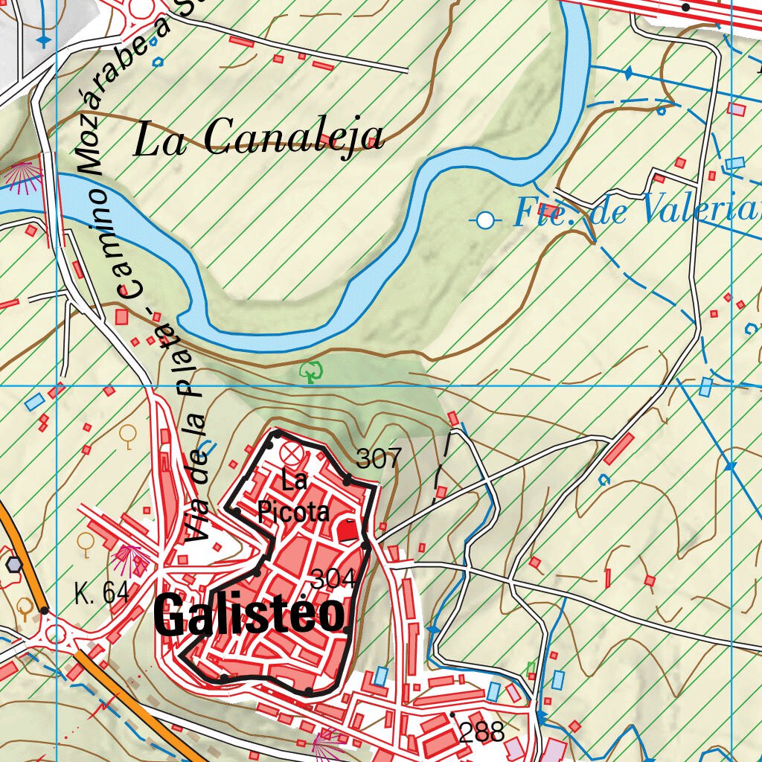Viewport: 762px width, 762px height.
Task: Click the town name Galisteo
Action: click(252, 616)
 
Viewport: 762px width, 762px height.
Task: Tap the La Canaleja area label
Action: click(259, 138)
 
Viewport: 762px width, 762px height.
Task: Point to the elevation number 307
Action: click(379, 458)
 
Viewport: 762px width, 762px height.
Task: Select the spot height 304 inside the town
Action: click(333, 578)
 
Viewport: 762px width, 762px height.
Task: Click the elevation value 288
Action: click(481, 733)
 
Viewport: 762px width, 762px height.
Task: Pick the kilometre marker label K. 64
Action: click(102, 593)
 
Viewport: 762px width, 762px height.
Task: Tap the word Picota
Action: click(294, 512)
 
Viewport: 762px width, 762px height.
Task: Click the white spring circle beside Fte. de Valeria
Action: click(486, 220)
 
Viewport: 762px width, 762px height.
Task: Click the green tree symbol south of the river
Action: click(310, 371)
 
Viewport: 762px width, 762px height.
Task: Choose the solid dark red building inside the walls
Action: click(348, 531)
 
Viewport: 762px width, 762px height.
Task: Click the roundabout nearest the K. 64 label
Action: click(57, 634)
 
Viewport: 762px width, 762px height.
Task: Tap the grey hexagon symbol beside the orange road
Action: click(13, 563)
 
